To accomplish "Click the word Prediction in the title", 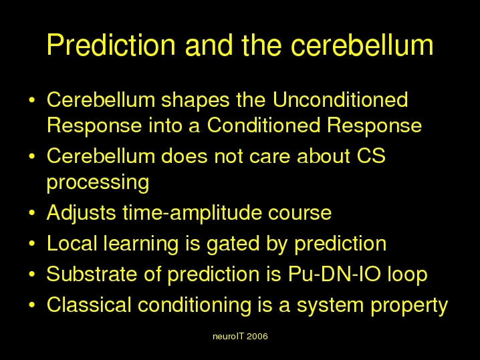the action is (111, 45).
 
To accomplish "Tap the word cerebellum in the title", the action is (362, 45).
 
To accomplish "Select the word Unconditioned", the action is (340, 100).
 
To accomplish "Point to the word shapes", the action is (195, 101).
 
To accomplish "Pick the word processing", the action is (98, 182).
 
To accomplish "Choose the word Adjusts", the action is (81, 213).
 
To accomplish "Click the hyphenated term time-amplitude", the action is (193, 213).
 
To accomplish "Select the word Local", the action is (72, 244).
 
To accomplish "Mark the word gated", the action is (233, 244).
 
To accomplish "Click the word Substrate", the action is (92, 274).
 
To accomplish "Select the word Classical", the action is (89, 305).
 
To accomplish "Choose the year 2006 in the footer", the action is (257, 337).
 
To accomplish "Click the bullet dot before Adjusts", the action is (32, 212).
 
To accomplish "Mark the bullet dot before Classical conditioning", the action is (32, 305).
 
